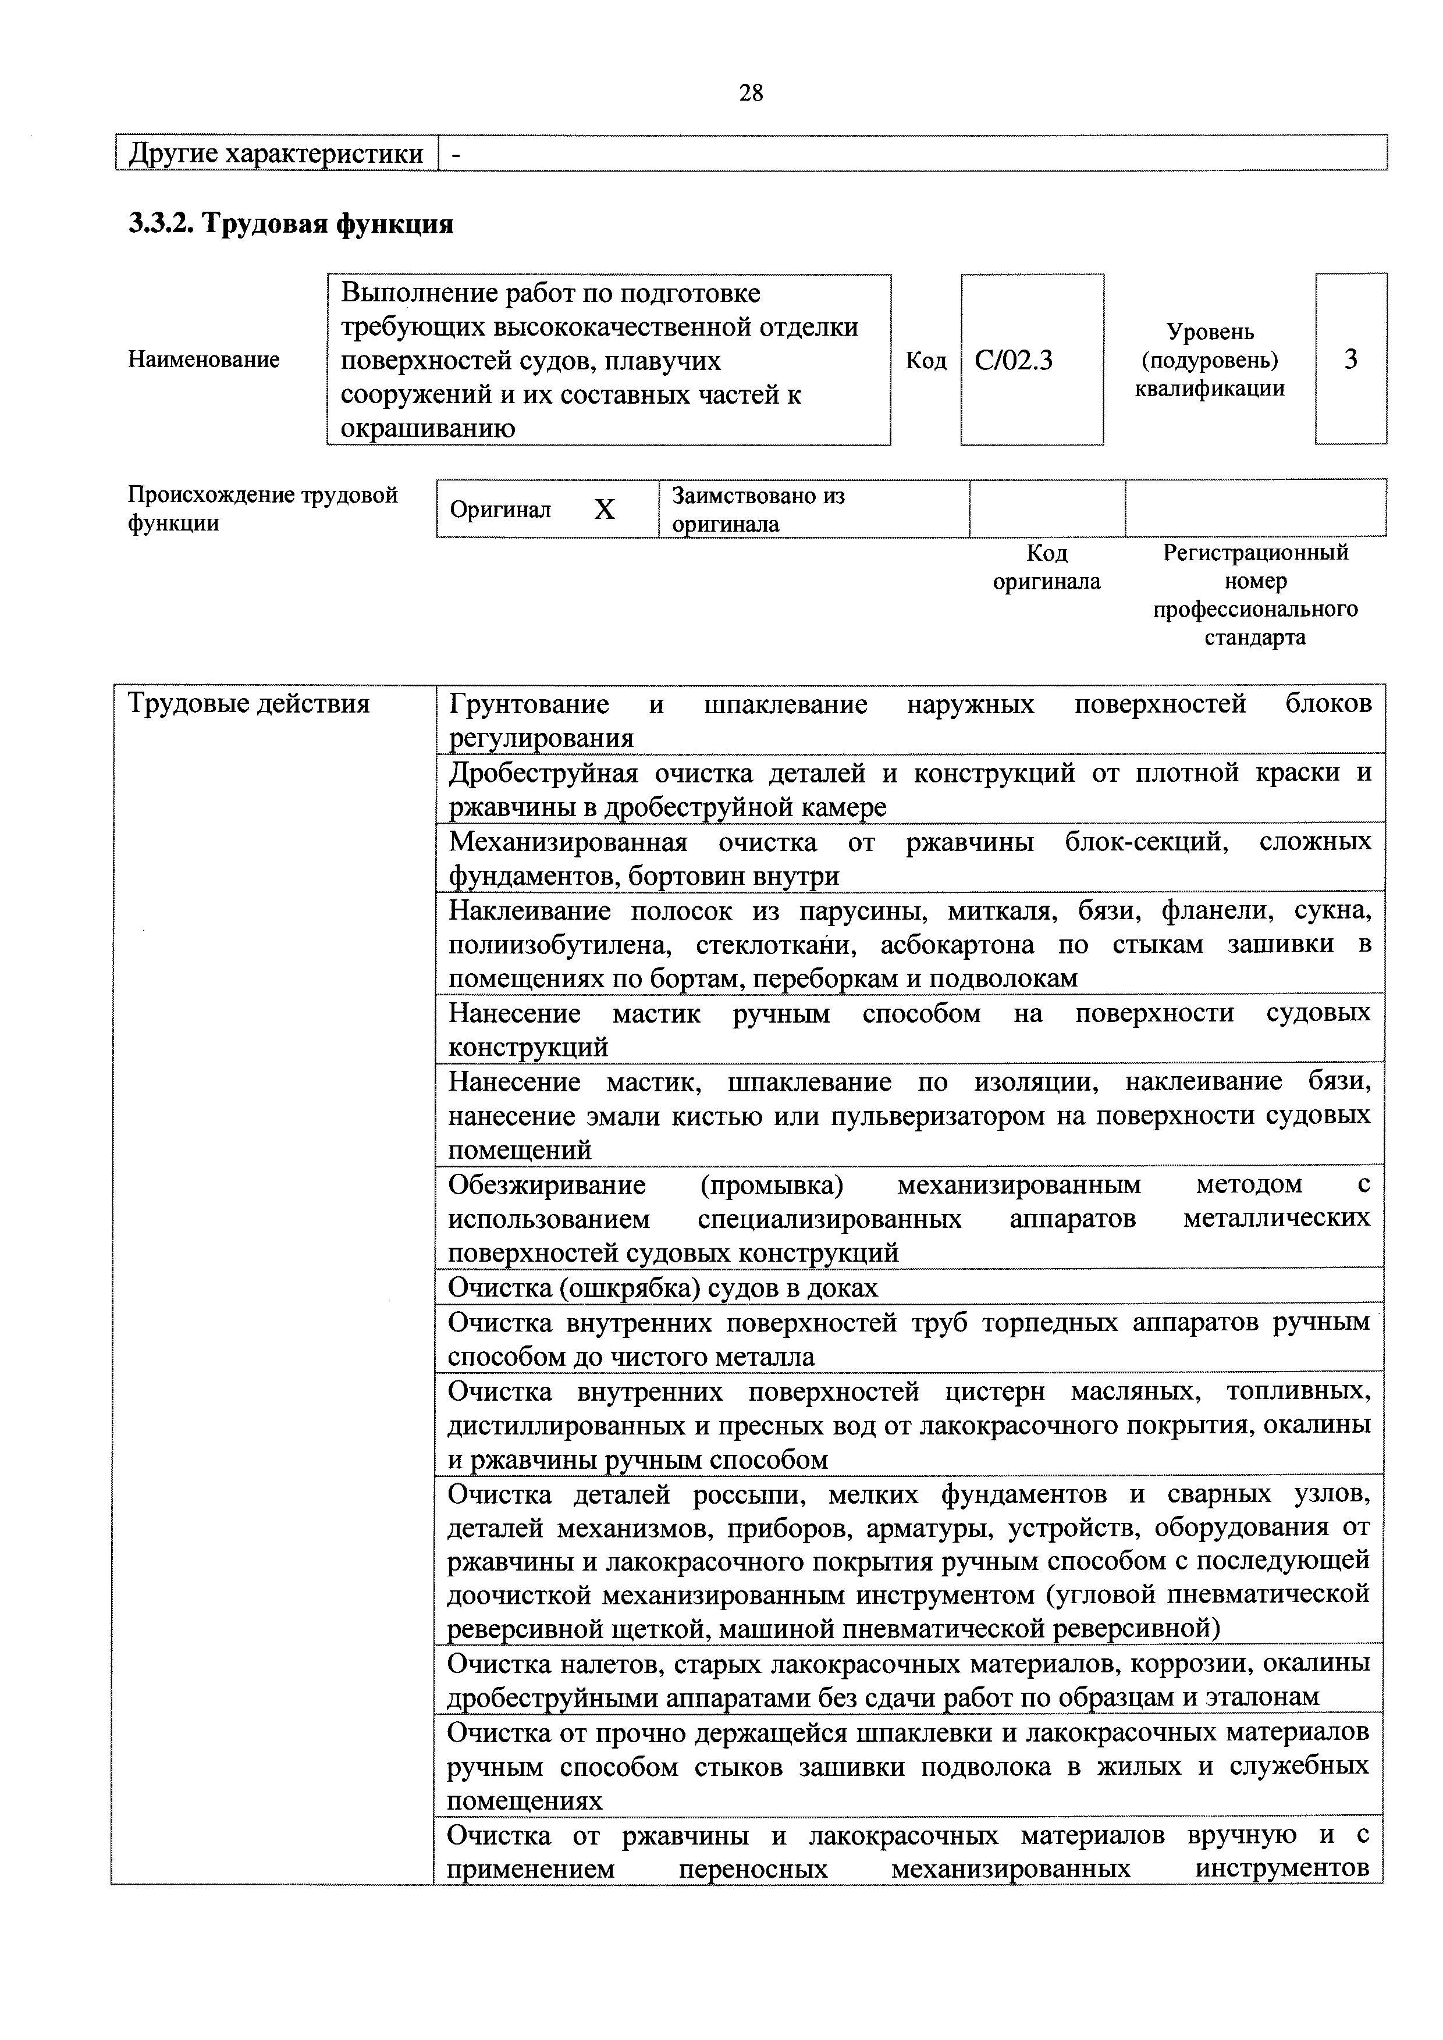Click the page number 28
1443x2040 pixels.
pos(751,93)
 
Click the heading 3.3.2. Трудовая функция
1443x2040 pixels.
pos(292,224)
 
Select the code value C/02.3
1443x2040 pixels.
pos(1014,360)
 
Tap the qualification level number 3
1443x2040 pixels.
pos(1350,359)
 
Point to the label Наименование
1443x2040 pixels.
pos(204,360)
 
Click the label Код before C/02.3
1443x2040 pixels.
pos(926,361)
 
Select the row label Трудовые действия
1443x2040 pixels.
pos(249,704)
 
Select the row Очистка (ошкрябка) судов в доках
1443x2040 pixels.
pos(663,1287)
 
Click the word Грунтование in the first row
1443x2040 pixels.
pos(529,704)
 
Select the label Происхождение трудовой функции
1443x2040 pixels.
pos(263,508)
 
